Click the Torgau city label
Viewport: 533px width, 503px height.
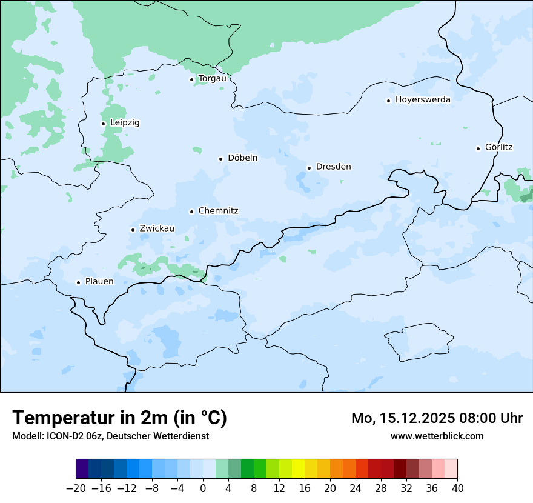pos(212,79)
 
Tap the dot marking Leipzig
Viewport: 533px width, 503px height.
pos(103,124)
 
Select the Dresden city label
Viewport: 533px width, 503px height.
pos(333,167)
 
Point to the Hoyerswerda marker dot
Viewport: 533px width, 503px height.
pos(388,101)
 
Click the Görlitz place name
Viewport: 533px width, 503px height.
pos(498,147)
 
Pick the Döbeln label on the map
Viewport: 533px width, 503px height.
pos(242,158)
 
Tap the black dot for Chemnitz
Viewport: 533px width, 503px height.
pos(191,212)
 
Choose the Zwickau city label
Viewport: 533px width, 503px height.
pos(157,228)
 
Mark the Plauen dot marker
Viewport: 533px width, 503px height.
pos(78,282)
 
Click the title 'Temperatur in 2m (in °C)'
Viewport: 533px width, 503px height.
pos(119,418)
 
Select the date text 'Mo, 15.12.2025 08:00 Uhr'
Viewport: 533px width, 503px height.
pos(437,418)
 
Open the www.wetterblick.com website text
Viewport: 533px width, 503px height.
pos(437,436)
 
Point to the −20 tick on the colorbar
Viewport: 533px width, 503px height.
pos(76,488)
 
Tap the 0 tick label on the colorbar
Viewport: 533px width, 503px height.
pos(203,488)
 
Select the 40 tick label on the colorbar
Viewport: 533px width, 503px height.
pos(457,488)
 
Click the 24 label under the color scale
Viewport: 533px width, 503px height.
pos(356,488)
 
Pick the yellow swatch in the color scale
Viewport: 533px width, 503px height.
pos(299,469)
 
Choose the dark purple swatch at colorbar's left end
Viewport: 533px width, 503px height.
pos(82,469)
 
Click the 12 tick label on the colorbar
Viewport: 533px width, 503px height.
pos(279,488)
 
